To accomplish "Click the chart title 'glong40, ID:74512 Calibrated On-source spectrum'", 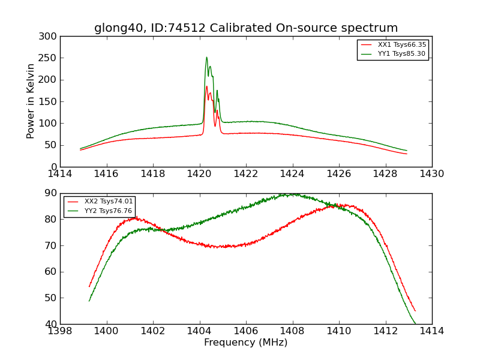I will [246, 28].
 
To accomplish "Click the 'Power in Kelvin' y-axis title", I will [31, 101].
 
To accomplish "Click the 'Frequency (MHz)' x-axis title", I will [246, 343].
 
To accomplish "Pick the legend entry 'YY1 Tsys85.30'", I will [401, 54].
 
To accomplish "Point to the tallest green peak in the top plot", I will [206, 58].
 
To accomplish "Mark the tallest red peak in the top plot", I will [206, 86].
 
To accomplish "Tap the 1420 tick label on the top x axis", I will [199, 174].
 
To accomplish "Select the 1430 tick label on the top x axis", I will [432, 174].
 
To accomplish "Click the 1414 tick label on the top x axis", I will [60, 174].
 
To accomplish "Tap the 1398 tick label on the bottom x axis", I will [60, 331].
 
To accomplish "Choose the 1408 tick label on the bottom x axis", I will [292, 331].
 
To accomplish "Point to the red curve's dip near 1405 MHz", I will [223, 247].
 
